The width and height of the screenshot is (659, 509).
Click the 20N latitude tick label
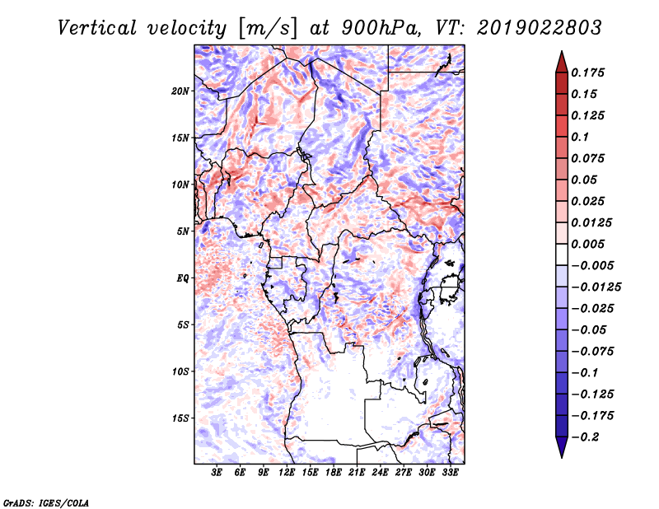coord(180,91)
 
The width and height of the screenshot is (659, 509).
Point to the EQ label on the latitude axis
coord(183,278)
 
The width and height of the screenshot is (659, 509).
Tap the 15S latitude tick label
coord(180,418)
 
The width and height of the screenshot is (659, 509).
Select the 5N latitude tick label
coord(183,231)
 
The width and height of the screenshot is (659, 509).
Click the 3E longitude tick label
coord(217,473)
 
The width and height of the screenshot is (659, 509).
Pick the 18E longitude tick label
coord(334,473)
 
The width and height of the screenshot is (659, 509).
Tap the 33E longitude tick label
coord(450,473)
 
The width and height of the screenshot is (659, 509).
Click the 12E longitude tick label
coord(287,473)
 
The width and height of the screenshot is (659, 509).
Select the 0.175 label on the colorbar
coord(587,72)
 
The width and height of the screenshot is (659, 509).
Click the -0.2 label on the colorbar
coord(585,437)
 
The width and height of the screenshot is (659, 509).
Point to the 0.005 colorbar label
coord(587,244)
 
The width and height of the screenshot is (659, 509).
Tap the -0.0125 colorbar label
coord(596,287)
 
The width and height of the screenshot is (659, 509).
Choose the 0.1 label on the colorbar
coord(580,137)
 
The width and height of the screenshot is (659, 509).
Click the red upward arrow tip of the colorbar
coord(562,51)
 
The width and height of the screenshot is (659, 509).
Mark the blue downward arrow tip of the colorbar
coord(562,457)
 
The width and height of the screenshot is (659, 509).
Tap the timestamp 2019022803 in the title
coord(540,28)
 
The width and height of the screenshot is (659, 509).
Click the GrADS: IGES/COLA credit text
coord(46,502)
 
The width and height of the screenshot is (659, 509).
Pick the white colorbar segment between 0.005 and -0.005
coord(562,254)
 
